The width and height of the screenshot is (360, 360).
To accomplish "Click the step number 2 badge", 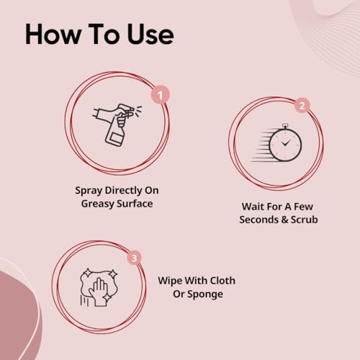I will pyautogui.click(x=302, y=105).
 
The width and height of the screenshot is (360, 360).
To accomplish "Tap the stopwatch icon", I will pyautogui.click(x=279, y=143).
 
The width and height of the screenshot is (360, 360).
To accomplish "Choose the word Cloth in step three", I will pyautogui.click(x=220, y=279).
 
